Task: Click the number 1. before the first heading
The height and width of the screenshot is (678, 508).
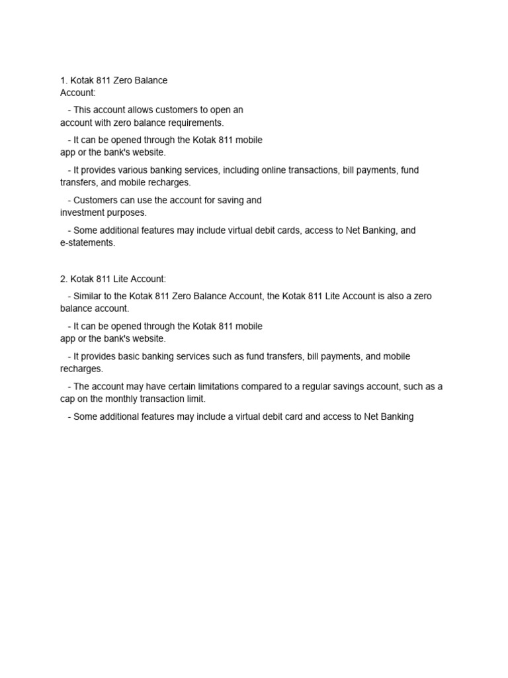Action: point(63,80)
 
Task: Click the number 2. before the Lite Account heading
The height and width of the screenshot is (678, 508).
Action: point(63,279)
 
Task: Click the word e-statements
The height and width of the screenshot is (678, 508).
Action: point(87,243)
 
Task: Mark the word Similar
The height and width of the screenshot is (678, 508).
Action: point(88,296)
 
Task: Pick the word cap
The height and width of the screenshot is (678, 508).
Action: point(68,399)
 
